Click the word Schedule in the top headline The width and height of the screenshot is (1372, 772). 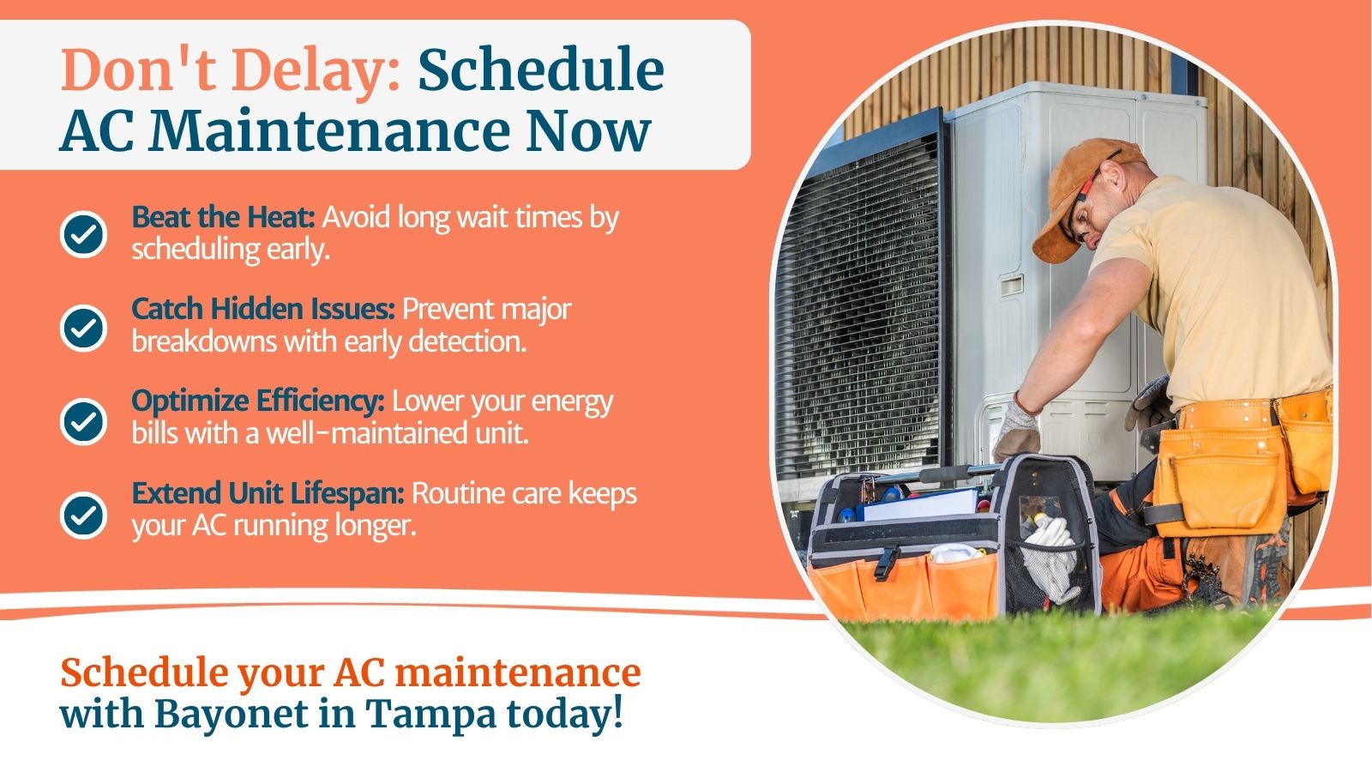tap(541, 69)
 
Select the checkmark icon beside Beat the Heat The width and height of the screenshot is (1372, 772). tap(83, 234)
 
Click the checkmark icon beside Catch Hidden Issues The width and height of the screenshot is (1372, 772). tap(83, 328)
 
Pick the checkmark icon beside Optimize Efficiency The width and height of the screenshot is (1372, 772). tap(83, 421)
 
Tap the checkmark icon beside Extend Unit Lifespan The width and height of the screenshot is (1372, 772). tap(83, 515)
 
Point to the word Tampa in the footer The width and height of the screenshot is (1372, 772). tap(430, 715)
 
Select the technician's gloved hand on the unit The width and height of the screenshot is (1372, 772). tap(1016, 428)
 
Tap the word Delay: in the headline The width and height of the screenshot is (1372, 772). tap(316, 69)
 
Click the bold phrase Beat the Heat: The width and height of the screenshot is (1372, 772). tap(224, 218)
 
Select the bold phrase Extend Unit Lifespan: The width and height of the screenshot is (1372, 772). tap(268, 494)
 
